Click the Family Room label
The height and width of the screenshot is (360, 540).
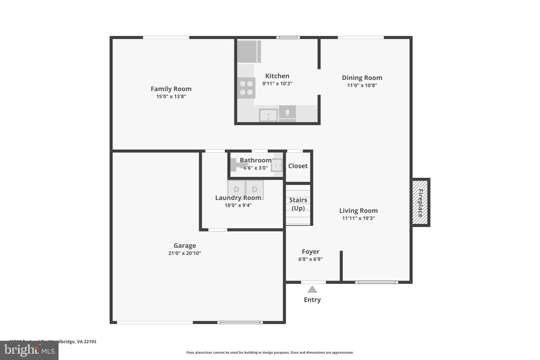[171, 89]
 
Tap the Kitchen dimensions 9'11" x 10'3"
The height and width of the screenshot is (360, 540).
[277, 84]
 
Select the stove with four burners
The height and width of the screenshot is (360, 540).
[246, 88]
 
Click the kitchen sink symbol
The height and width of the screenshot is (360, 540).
[268, 115]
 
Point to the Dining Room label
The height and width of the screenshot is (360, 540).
[362, 78]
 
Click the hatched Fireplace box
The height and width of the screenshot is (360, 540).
[420, 203]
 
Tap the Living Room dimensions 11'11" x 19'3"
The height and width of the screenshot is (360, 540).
[358, 218]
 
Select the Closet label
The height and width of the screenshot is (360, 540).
[298, 166]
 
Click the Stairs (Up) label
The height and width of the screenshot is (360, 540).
[298, 204]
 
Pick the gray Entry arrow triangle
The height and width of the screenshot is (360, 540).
[312, 289]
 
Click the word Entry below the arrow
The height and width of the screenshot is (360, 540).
[312, 300]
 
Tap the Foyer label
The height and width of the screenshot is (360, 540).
[310, 252]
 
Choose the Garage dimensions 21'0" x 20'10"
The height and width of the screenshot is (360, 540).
[184, 253]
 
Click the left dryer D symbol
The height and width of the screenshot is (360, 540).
[236, 190]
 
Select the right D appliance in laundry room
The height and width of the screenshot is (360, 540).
[255, 190]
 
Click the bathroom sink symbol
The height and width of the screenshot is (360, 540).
[277, 165]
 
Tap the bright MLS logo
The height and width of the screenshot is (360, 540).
[29, 350]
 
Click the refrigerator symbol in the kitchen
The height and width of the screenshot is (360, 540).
[249, 52]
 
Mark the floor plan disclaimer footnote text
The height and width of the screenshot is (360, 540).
[270, 352]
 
